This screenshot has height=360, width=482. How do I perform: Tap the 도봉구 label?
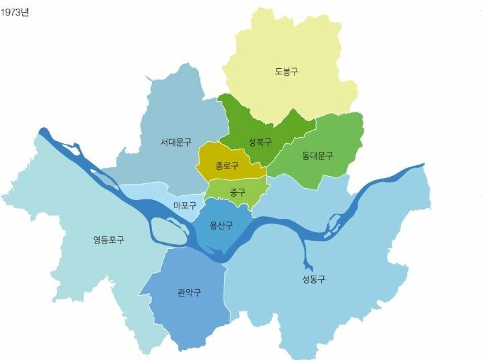click(287, 71)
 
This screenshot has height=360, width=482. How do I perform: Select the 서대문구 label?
click(176, 142)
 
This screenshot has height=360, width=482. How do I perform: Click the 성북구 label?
click(260, 142)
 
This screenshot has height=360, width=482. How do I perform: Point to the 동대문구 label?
click(317, 156)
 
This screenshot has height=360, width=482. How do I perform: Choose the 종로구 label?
click(228, 165)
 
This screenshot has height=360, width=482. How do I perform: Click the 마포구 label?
click(185, 205)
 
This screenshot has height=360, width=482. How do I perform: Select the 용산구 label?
click(221, 226)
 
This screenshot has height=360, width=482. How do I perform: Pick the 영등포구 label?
click(108, 239)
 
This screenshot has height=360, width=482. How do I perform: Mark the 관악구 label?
click(189, 292)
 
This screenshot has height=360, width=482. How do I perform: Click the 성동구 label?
click(314, 279)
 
